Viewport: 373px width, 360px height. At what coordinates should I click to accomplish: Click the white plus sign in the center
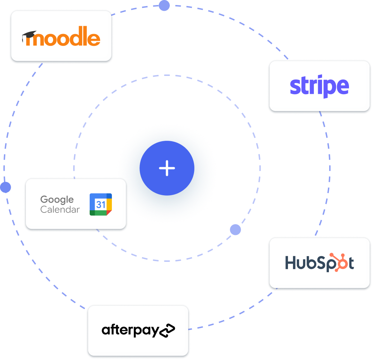(167, 168)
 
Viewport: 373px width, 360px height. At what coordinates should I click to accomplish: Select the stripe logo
(319, 86)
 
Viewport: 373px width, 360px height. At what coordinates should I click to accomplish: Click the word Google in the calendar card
(57, 200)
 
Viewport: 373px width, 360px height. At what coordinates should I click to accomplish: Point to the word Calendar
(60, 210)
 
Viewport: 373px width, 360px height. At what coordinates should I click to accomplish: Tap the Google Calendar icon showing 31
(101, 205)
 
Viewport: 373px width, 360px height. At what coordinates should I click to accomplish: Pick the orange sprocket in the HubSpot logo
(339, 262)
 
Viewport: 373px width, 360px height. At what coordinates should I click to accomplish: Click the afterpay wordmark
(130, 330)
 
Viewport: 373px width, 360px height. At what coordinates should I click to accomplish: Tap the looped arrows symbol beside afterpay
(167, 330)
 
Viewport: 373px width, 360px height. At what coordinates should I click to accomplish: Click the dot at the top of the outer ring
(164, 5)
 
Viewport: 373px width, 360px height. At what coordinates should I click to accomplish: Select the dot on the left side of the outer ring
(5, 187)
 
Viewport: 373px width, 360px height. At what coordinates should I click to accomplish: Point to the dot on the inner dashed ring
(235, 230)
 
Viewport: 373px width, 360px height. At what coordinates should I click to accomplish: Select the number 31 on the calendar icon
(100, 205)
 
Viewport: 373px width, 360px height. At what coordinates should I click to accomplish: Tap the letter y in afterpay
(152, 331)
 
